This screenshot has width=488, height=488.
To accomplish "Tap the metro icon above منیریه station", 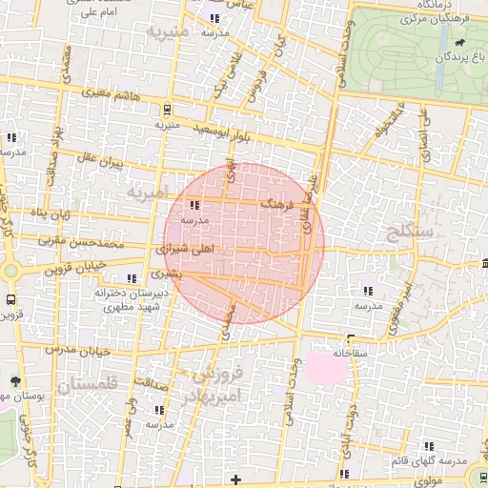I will [167, 108].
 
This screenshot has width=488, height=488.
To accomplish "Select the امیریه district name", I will [148, 193].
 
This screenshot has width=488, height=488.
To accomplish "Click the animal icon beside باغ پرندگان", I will [462, 43].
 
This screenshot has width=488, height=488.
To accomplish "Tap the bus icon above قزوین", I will [10, 298].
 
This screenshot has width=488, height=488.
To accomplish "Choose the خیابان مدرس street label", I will [79, 350].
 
